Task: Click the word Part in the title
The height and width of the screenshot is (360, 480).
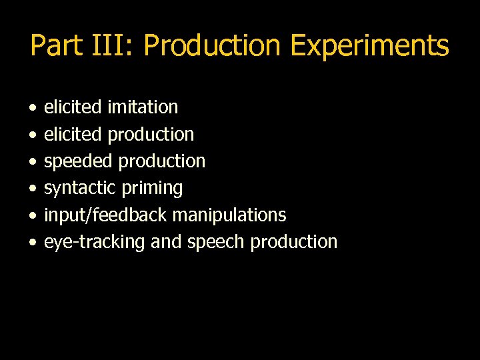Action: coord(56,46)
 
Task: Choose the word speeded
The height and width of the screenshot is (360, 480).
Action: coord(73,161)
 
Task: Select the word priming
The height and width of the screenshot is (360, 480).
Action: coord(152,189)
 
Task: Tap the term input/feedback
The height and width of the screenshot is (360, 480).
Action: coord(105,215)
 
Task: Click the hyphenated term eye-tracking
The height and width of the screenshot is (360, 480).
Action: coord(94,242)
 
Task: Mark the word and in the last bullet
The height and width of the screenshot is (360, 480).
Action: coord(165,242)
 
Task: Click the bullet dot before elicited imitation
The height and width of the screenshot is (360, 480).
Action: coord(33,107)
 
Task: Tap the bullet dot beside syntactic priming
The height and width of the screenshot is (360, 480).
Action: coord(33,189)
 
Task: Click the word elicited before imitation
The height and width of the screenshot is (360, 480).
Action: coord(73,107)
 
